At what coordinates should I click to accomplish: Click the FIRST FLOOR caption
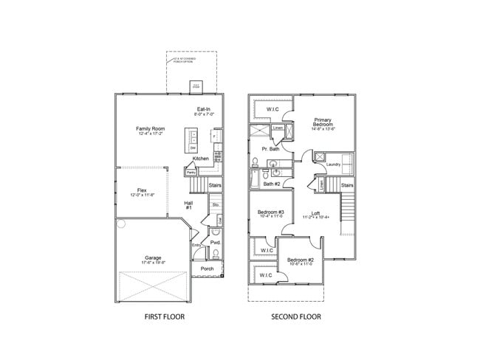click(x=164, y=316)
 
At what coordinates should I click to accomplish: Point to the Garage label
click(x=154, y=260)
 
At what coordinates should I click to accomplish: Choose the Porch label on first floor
click(x=207, y=269)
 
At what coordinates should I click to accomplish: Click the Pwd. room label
click(x=216, y=242)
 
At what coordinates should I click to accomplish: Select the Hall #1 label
click(x=189, y=205)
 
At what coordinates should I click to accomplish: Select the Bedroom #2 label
click(x=301, y=260)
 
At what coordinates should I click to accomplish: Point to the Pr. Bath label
click(x=271, y=148)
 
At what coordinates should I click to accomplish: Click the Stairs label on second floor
click(x=347, y=185)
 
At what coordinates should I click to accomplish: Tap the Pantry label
click(x=191, y=173)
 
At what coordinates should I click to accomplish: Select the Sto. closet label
click(x=216, y=204)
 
